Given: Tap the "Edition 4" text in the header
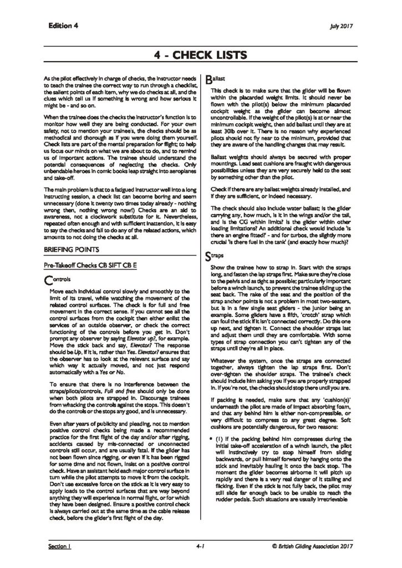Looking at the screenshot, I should click(x=63, y=26).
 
